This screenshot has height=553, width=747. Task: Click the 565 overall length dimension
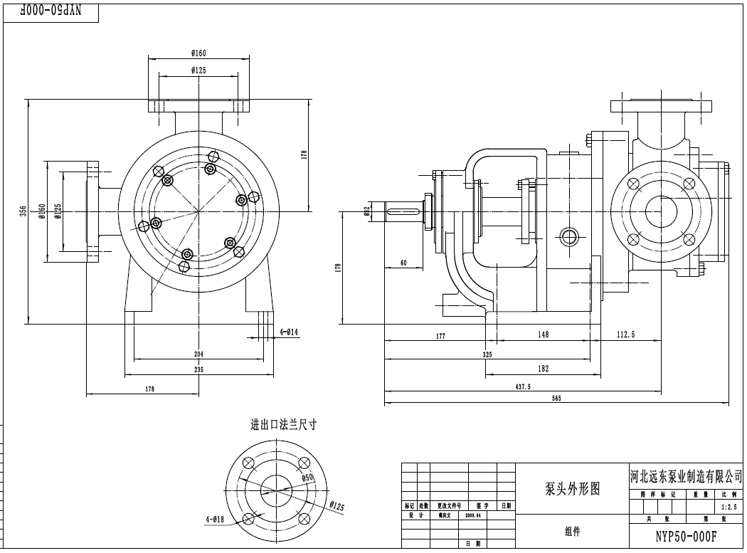pos(556,399)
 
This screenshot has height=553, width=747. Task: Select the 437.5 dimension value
pos(523,386)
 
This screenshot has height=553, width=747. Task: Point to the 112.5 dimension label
pos(625,335)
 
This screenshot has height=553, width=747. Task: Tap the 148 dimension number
pos(543,335)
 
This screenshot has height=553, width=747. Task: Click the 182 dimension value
pos(543,369)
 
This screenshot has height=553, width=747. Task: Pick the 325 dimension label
pos(487,354)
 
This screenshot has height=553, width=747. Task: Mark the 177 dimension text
pos(440,336)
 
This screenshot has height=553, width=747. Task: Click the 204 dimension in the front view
pos(198,354)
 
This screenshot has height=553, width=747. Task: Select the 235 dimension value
pos(198,369)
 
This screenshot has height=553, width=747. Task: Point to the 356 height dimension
pos(23,211)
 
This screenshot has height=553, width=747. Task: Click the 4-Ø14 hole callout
pos(289,332)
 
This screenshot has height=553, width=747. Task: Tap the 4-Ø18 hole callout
pos(215,520)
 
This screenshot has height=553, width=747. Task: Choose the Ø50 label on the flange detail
pos(307,478)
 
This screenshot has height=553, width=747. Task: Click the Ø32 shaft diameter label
pos(367,211)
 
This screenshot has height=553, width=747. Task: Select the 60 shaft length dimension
pos(403,263)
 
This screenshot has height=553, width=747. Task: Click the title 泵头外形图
pos(572,489)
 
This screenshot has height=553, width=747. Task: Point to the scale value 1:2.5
pos(729,507)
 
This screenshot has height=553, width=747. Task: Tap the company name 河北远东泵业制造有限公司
pos(686,475)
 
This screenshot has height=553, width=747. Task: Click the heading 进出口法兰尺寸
pos(283,425)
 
